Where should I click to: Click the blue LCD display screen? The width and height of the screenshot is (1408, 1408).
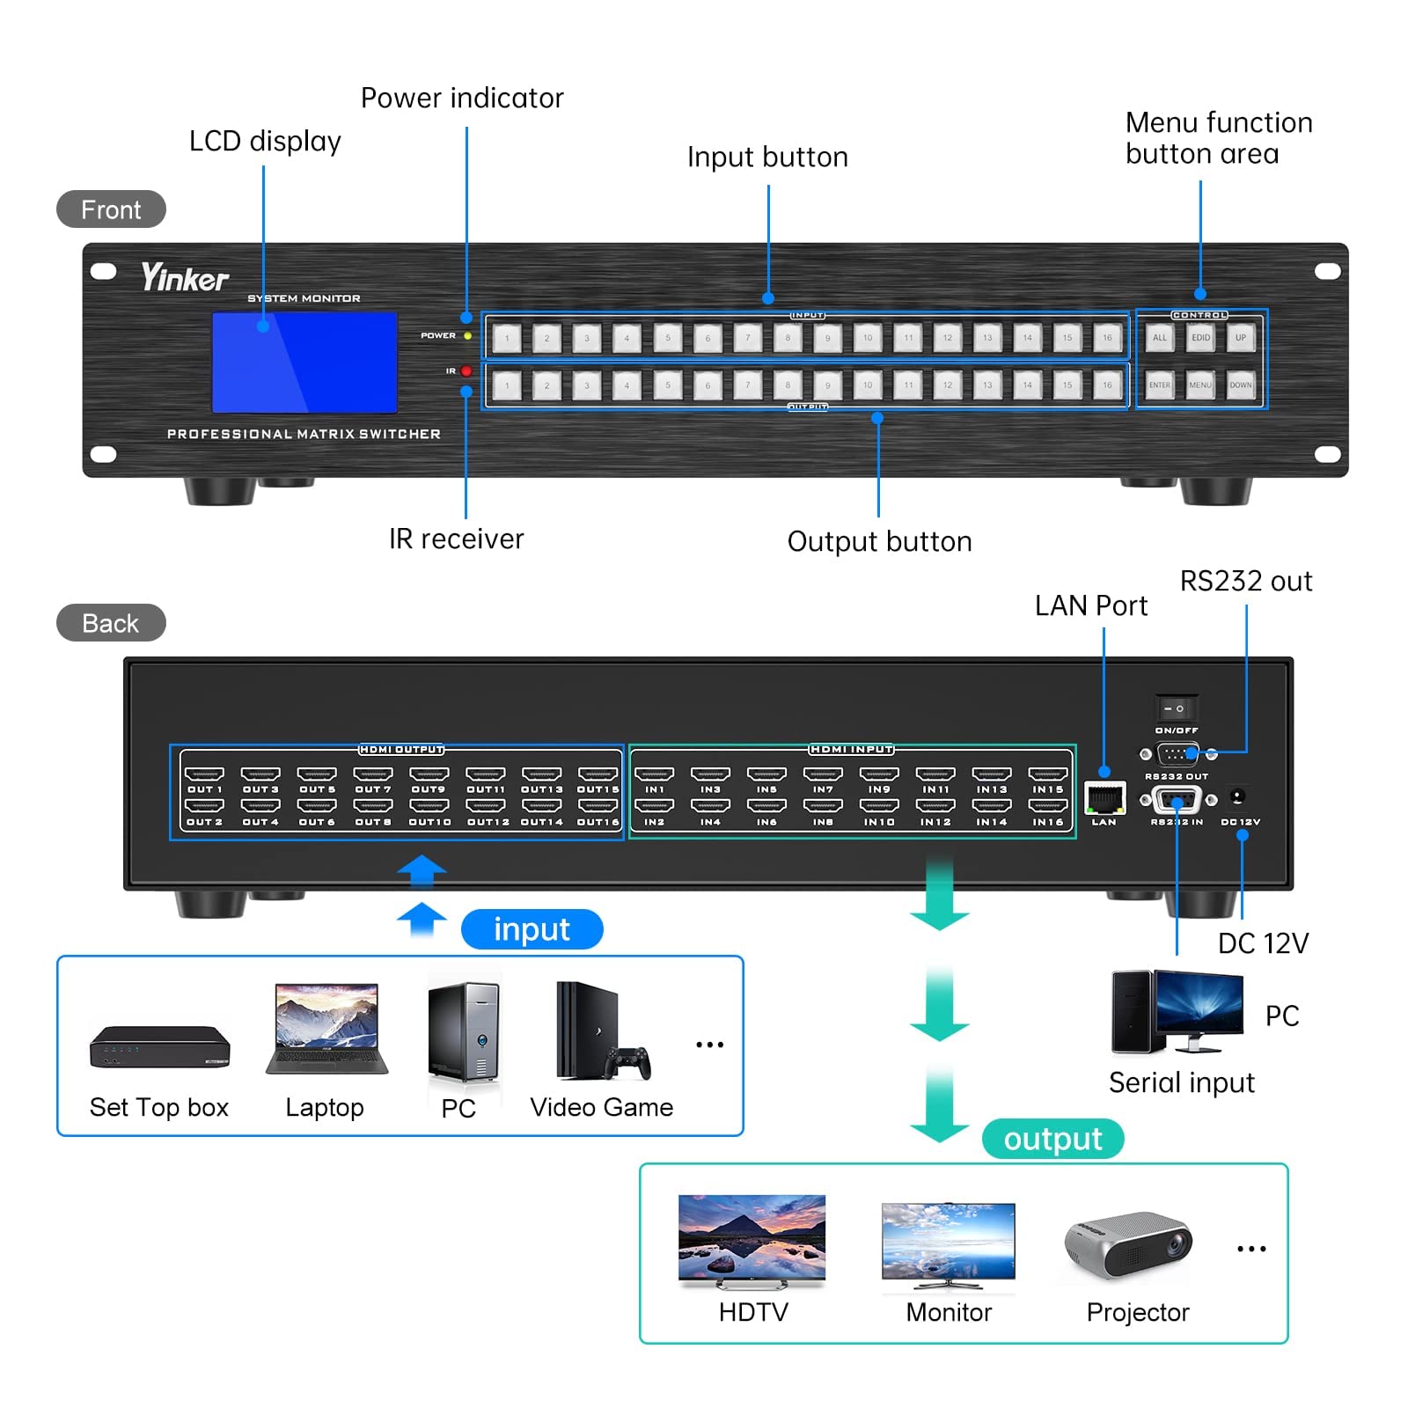pyautogui.click(x=304, y=363)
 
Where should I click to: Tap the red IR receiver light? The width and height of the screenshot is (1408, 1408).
pyautogui.click(x=466, y=371)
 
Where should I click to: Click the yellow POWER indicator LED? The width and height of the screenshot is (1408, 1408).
pyautogui.click(x=467, y=335)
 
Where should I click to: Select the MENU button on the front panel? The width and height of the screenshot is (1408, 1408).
pyautogui.click(x=1200, y=385)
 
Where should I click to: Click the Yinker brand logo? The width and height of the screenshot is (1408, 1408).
pyautogui.click(x=185, y=278)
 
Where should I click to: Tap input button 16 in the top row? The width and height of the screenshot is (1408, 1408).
pyautogui.click(x=1107, y=338)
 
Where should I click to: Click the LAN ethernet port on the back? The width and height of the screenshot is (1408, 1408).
pyautogui.click(x=1104, y=797)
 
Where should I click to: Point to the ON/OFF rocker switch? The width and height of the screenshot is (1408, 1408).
pyautogui.click(x=1175, y=708)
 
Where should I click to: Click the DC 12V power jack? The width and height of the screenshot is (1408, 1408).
pyautogui.click(x=1237, y=796)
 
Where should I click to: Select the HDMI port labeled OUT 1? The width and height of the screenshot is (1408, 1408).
pyautogui.click(x=204, y=774)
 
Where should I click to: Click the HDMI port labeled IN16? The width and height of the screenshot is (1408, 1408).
pyautogui.click(x=1047, y=806)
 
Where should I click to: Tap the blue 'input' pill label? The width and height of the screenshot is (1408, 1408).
pyautogui.click(x=532, y=929)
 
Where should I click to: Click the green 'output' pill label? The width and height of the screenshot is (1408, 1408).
pyautogui.click(x=1052, y=1139)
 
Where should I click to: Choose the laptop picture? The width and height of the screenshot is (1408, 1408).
pyautogui.click(x=326, y=1030)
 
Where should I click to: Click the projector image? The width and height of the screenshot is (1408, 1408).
pyautogui.click(x=1128, y=1243)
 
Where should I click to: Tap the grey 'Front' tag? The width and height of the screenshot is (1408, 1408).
pyautogui.click(x=111, y=209)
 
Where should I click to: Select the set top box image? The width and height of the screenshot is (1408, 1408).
pyautogui.click(x=159, y=1046)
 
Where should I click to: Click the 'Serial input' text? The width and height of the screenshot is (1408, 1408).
pyautogui.click(x=1181, y=1082)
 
